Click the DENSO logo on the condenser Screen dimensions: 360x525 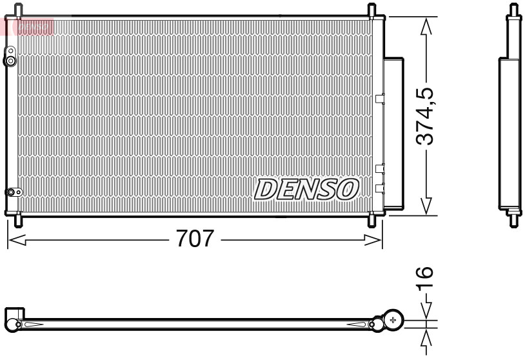click(306, 189)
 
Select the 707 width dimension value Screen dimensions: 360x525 click(194, 239)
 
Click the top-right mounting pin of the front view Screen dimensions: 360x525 click(372, 11)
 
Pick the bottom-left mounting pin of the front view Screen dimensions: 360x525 click(17, 219)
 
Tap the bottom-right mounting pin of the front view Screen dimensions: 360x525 click(372, 219)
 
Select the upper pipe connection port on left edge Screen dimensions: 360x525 click(10, 60)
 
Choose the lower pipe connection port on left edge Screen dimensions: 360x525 click(11, 192)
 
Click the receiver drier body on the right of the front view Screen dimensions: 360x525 click(394, 132)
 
